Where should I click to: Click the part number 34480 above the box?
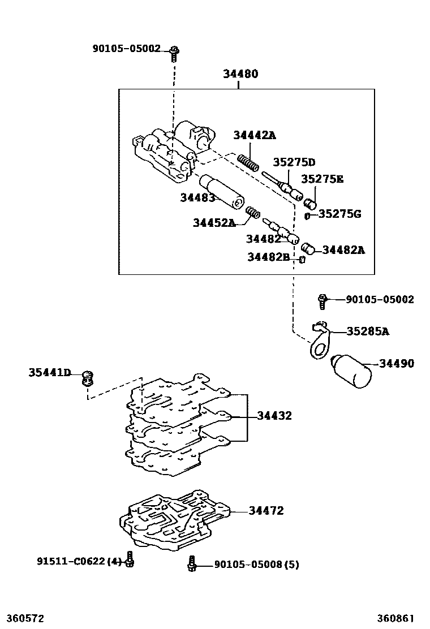240,74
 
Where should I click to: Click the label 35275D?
294,163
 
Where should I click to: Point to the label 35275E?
322,179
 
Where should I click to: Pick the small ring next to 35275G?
307,215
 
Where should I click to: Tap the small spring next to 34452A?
253,213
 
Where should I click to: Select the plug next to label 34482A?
307,248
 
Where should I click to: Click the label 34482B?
268,258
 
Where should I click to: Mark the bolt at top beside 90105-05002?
174,53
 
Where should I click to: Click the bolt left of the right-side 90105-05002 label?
322,300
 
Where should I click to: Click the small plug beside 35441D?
87,377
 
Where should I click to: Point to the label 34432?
274,416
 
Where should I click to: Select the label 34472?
266,511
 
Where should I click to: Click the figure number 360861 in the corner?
395,618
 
